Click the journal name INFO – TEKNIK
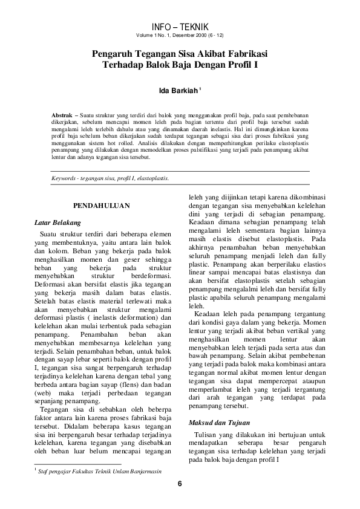click(x=180, y=27)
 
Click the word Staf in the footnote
click(x=44, y=470)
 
